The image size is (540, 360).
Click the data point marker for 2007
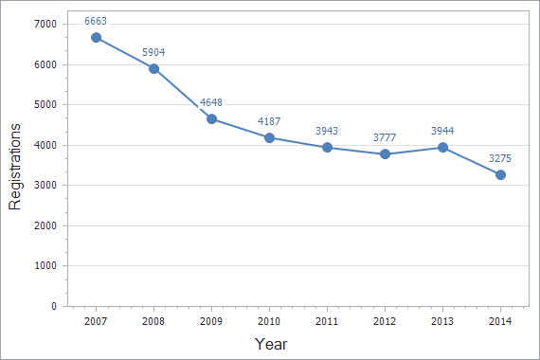(96, 37)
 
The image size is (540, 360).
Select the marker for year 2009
(211, 118)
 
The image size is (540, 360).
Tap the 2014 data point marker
(500, 174)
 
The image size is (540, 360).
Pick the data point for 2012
(385, 153)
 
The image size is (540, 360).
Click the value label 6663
(96, 18)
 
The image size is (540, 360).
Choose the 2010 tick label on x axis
(269, 323)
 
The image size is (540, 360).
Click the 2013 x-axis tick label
(442, 323)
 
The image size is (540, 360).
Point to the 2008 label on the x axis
(153, 323)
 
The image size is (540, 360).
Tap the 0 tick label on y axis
(53, 307)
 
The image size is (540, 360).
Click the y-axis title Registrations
(15, 166)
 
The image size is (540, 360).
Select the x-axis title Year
(271, 344)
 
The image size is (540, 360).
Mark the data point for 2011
(327, 147)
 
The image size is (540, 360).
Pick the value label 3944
(442, 129)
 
